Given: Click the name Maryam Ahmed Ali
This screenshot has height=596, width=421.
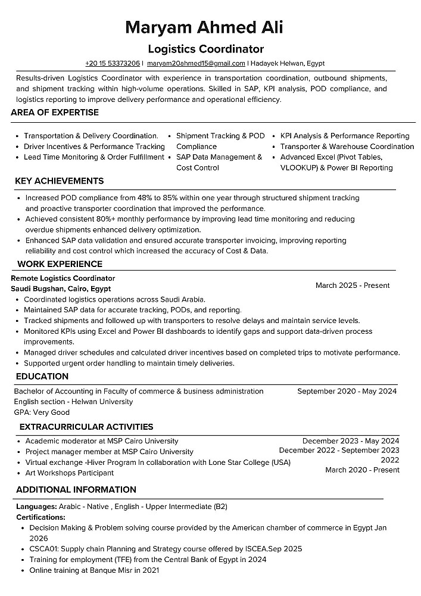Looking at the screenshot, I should [204, 27].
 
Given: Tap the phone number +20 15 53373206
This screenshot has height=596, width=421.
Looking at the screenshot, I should [113, 63].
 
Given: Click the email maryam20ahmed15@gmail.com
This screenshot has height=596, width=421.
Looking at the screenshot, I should [196, 63].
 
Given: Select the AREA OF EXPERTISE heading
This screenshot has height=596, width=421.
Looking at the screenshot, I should [55, 113].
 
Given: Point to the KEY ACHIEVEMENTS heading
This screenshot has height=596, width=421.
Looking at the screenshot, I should [59, 181].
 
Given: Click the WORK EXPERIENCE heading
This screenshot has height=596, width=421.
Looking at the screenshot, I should [60, 264].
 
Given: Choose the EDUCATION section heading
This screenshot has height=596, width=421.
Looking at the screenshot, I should [42, 377].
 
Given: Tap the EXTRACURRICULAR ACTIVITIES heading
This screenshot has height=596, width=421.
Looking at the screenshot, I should [86, 427].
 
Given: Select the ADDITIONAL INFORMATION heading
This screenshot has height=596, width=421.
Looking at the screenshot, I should [76, 490].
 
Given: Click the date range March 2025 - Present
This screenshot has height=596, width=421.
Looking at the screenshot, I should [353, 285].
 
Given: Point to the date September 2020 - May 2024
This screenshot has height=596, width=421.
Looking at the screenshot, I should [347, 392].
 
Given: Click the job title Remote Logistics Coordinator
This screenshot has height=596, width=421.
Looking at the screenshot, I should [63, 278].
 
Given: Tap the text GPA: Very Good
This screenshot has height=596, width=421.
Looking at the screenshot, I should [42, 412].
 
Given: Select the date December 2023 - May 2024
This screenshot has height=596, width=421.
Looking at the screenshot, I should [351, 440].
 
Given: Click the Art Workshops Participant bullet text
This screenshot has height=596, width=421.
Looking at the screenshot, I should [69, 473].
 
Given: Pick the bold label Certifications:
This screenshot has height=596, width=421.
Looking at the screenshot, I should [40, 517].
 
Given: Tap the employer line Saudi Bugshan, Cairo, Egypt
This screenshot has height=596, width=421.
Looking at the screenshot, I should [61, 288].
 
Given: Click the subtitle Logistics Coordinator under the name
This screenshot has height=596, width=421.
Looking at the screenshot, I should [205, 49].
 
